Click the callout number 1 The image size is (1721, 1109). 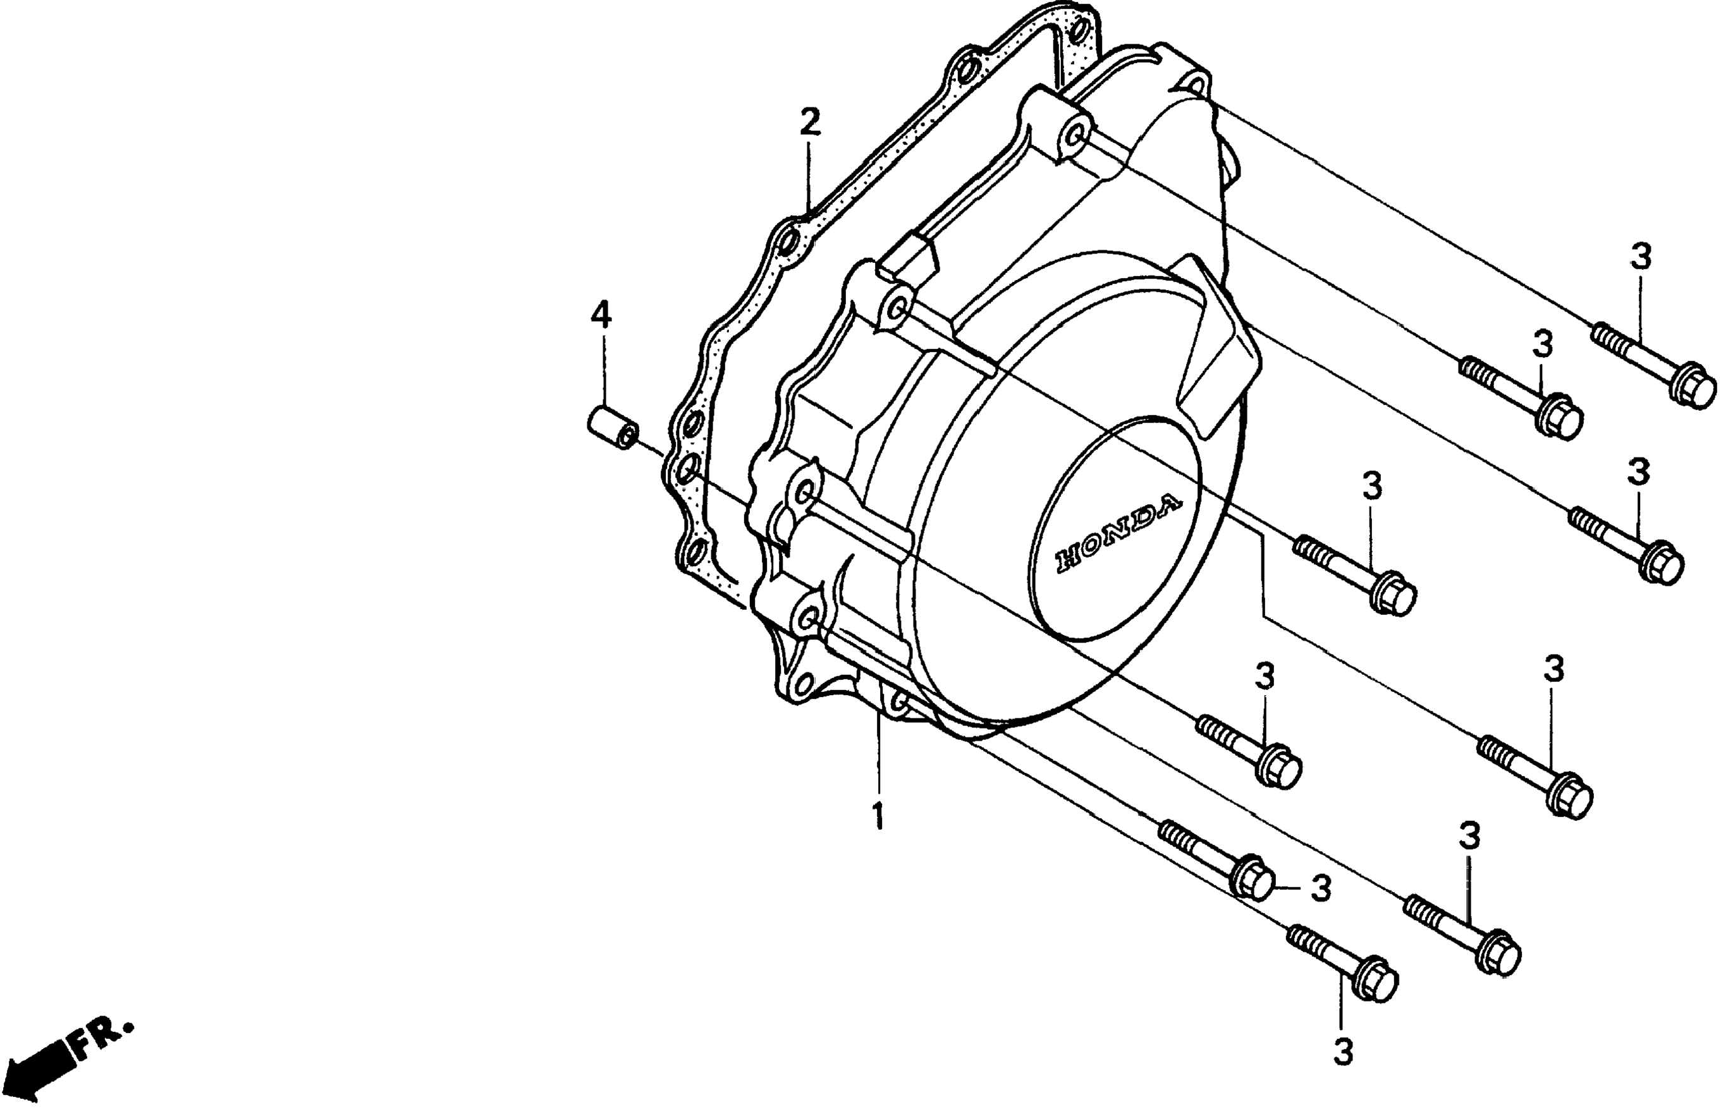(878, 815)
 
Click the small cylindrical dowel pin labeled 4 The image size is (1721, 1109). (611, 427)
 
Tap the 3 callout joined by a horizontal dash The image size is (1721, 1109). (1320, 888)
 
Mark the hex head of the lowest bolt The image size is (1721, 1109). (1375, 982)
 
